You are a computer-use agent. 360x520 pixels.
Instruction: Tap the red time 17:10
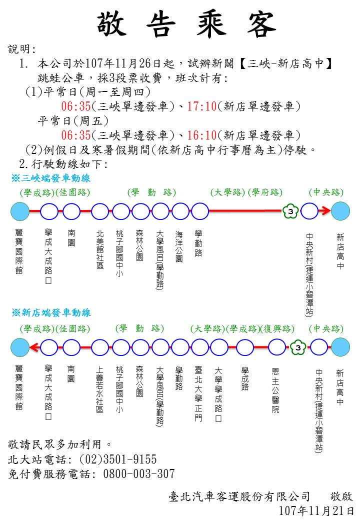[x=202, y=106]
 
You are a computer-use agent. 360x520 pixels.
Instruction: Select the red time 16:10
[x=202, y=135]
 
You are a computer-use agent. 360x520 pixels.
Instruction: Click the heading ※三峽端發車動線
[x=50, y=178]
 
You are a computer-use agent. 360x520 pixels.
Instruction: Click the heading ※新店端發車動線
[x=51, y=312]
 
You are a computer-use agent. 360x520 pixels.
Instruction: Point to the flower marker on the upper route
[x=290, y=211]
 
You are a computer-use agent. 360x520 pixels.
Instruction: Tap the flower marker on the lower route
[x=298, y=347]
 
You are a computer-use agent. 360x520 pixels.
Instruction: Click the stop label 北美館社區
[x=100, y=249]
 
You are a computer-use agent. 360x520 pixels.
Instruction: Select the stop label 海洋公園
[x=179, y=246]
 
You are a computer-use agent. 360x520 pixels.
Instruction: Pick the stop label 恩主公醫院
[x=275, y=390]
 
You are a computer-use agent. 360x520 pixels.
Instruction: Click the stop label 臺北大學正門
[x=198, y=394]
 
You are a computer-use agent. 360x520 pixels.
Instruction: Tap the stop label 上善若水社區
[x=100, y=390]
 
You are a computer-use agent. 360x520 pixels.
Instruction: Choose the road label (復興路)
[x=277, y=328]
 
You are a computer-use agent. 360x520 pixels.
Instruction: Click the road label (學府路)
[x=265, y=192]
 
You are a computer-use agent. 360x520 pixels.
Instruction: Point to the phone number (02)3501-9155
[x=118, y=459]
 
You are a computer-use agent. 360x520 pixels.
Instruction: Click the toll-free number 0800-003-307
[x=139, y=473]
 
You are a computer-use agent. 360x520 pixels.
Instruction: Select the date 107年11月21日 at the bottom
[x=316, y=510]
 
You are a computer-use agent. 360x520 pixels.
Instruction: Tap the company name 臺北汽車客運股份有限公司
[x=239, y=496]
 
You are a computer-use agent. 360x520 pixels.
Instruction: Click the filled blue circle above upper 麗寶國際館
[x=20, y=211]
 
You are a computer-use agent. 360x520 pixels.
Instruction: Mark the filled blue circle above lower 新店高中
[x=340, y=347]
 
